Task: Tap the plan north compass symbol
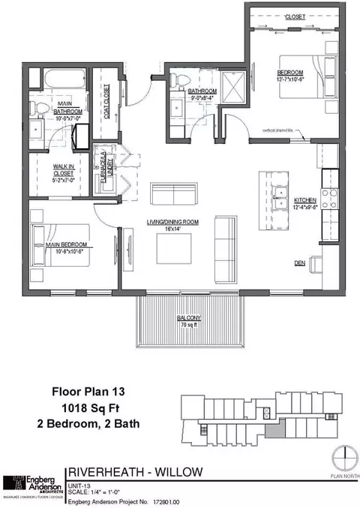point(342,457)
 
